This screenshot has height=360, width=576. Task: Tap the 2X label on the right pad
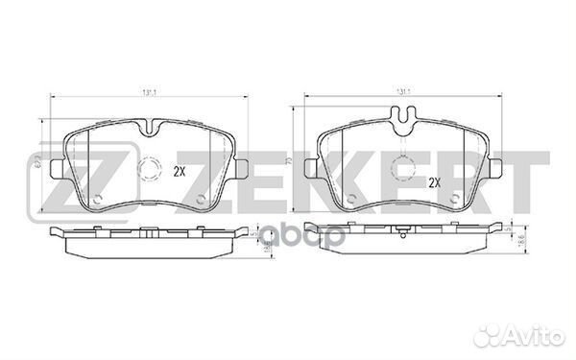433,181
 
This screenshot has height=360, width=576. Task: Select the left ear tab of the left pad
57,169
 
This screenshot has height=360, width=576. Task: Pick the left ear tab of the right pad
309,169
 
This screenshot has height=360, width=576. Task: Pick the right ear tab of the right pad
498,169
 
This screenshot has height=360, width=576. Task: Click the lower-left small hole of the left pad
98,201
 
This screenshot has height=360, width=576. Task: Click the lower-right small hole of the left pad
200,201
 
